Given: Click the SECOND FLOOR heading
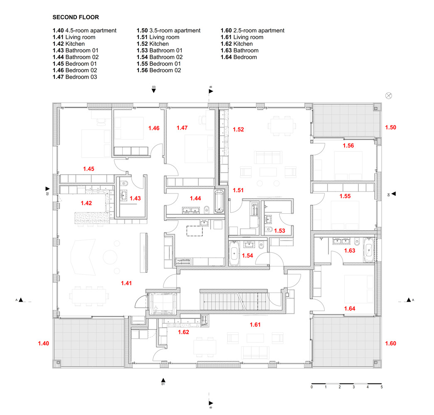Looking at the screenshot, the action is click(76, 17).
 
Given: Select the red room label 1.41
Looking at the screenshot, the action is click(126, 283).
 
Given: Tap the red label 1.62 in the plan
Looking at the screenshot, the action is click(183, 332).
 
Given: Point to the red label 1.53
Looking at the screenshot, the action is click(279, 231).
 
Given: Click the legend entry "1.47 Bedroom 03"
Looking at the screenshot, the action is click(75, 77).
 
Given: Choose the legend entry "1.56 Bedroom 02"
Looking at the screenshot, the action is click(159, 70).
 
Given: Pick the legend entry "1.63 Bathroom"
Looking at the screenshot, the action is click(239, 50).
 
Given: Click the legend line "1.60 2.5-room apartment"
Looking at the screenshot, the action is click(252, 30).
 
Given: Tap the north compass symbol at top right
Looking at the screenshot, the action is click(389, 95).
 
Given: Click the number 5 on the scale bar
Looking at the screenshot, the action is click(381, 387).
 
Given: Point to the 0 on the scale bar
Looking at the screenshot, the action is click(312, 387).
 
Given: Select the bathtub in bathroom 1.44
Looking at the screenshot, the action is click(219, 201).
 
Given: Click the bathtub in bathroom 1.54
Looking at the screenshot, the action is click(234, 254).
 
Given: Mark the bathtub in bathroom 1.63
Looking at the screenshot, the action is click(368, 250).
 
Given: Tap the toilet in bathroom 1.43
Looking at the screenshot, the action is click(124, 183).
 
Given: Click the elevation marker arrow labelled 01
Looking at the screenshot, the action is click(163, 380).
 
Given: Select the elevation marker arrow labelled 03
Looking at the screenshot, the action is click(154, 90).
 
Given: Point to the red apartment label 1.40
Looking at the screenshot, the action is click(44, 343).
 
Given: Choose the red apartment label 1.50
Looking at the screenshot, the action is click(390, 127).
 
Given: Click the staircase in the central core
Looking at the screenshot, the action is click(234, 301).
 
